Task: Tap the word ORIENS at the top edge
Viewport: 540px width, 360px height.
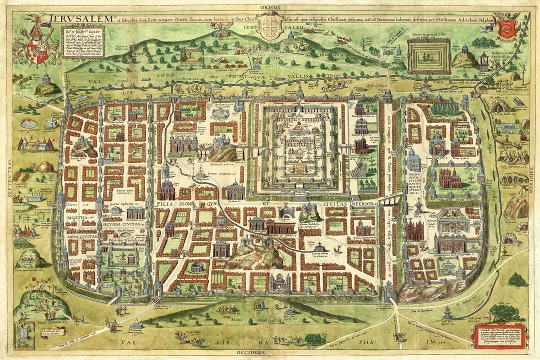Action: pos(270,8)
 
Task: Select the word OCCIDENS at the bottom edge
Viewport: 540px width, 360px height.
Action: pos(270,352)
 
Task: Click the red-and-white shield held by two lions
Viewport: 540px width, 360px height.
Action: pos(38,51)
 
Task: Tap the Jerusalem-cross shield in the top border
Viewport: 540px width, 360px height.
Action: pos(270,28)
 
